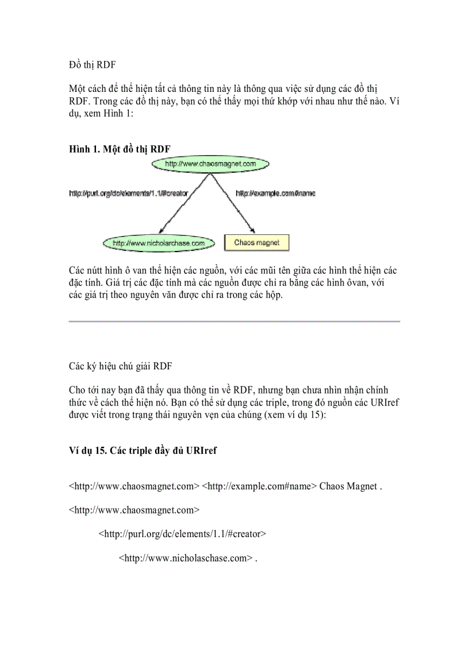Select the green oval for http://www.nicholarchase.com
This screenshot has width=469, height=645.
click(159, 243)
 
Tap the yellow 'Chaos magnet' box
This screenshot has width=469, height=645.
click(256, 243)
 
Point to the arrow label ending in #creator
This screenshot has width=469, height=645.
click(129, 194)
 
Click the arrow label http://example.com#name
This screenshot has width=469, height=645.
click(275, 194)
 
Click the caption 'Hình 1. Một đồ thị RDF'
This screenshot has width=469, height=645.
click(120, 149)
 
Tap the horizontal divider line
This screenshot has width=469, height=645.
click(234, 321)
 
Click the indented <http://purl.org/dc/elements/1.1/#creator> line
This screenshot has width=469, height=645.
click(182, 534)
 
